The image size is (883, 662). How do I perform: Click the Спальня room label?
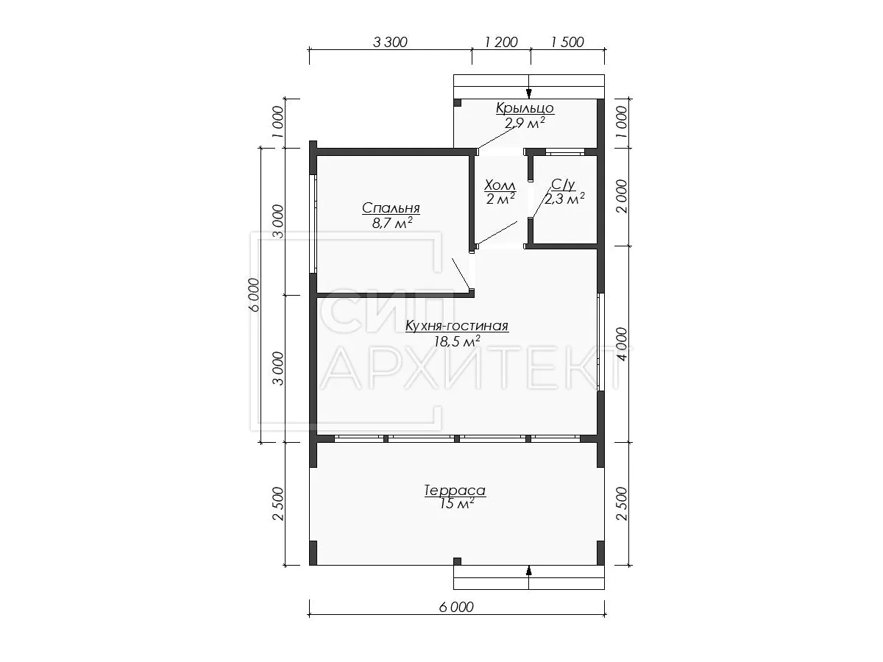[x=391, y=208]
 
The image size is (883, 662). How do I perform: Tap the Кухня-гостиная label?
[x=457, y=326]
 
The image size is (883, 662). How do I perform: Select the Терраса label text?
[x=455, y=491]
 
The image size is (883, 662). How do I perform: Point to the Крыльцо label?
[x=525, y=107]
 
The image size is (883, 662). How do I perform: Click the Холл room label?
[x=500, y=185]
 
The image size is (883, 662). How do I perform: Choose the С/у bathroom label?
[x=563, y=185]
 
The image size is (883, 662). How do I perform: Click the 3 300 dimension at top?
[x=390, y=42]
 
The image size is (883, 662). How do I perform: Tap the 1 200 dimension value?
[x=501, y=42]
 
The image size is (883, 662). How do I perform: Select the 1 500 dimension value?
[x=567, y=42]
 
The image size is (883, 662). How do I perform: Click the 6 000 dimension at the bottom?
[x=457, y=607]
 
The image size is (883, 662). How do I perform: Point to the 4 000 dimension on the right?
[x=622, y=344]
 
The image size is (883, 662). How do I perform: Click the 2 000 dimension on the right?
[x=622, y=196]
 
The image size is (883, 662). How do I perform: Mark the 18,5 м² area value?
[x=457, y=341]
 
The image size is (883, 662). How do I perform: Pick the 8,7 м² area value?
[x=392, y=223]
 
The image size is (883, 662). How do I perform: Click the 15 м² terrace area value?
[x=457, y=503]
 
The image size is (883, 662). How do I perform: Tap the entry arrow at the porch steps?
[x=529, y=93]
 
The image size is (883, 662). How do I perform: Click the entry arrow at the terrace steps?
[x=529, y=571]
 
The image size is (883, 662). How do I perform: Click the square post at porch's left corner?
[x=458, y=103]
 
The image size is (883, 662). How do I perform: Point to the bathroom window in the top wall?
[x=564, y=152]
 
